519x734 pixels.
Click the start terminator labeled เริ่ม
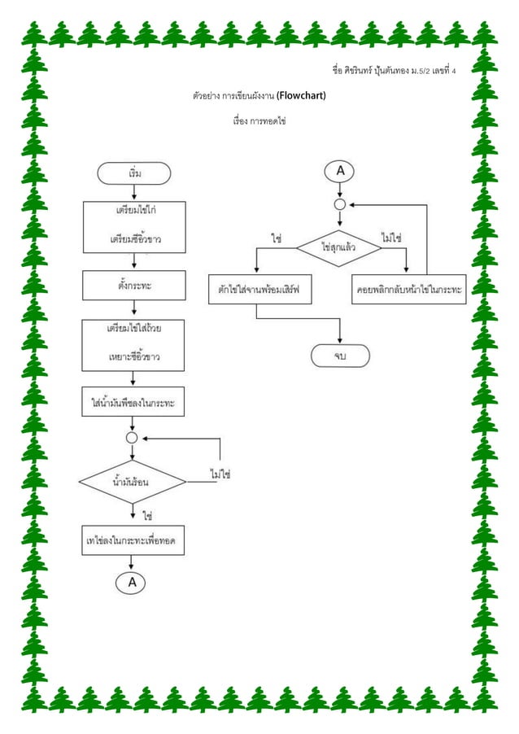point(133,173)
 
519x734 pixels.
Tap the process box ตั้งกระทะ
point(133,286)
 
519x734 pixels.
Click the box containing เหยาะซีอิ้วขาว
point(133,345)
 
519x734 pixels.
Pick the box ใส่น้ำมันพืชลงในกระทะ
point(133,402)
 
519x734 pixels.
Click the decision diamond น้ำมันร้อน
point(133,482)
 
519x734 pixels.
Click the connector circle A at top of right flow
point(339,171)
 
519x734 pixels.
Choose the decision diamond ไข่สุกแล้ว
point(339,247)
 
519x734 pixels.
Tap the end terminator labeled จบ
point(339,356)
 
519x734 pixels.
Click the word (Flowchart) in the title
point(301,96)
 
